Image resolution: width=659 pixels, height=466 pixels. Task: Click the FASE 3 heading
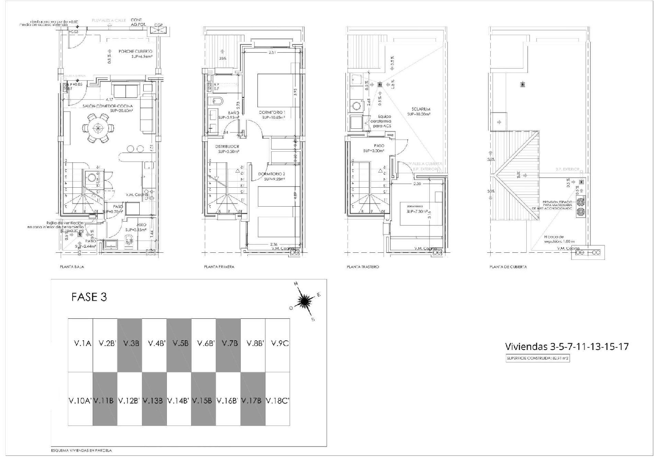tap(89, 297)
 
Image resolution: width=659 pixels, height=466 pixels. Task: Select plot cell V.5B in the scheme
tap(179, 343)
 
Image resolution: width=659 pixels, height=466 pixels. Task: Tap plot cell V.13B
tap(154, 400)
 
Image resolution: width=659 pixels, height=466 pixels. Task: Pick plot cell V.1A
tap(80, 343)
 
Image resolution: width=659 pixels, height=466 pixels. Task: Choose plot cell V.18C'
tap(278, 400)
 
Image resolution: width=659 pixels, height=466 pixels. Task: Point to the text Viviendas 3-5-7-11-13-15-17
tap(567, 346)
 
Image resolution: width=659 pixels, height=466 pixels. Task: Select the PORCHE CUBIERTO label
tap(135, 51)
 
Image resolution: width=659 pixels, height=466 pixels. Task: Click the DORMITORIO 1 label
tap(272, 113)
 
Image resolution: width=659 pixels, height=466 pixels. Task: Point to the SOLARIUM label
tap(420, 109)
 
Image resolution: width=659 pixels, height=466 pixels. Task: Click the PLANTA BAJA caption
tap(72, 267)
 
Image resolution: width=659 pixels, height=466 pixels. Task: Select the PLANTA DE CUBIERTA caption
tap(508, 267)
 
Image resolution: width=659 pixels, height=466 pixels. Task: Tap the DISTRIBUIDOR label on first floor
tap(227, 146)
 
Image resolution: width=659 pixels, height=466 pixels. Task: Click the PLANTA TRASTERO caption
tap(362, 267)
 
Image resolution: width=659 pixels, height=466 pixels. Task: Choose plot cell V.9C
tap(278, 343)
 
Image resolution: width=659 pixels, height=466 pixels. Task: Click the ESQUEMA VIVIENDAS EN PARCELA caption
tap(81, 451)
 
